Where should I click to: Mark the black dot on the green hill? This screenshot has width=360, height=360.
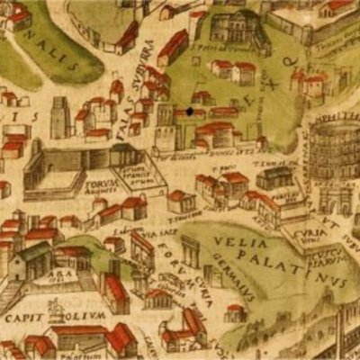click(x=190, y=112)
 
